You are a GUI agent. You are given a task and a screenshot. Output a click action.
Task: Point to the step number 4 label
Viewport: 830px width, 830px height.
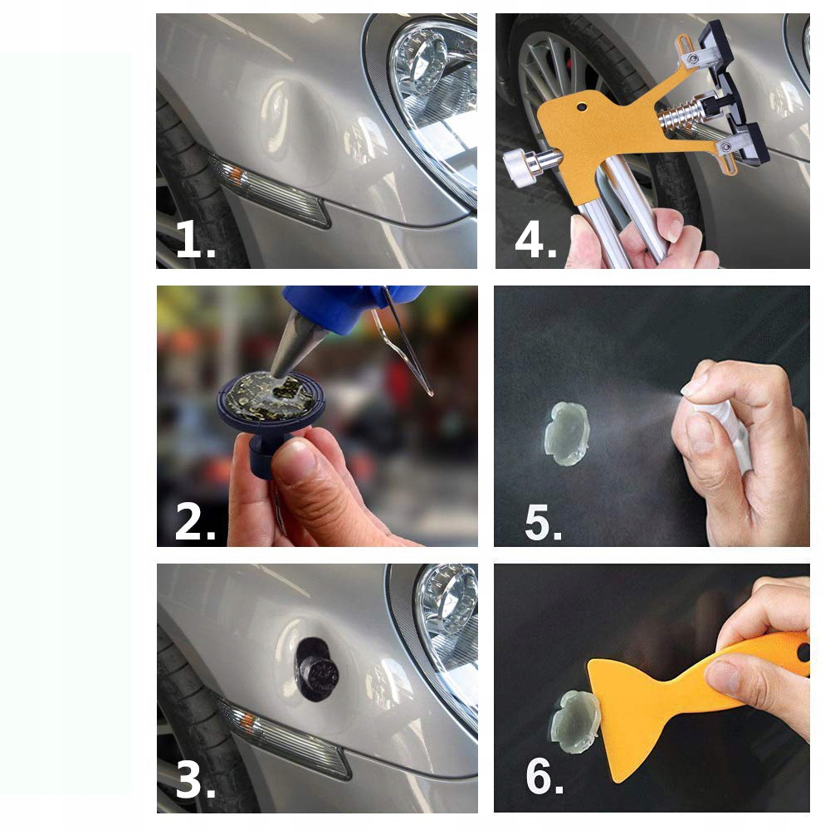coord(535,240)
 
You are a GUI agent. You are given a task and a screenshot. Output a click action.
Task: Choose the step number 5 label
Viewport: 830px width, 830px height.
coord(543,522)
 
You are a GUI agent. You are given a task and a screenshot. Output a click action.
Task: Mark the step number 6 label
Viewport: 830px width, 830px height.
coord(544,776)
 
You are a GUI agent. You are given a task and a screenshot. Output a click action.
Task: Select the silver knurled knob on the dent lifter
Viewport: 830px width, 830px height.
coord(521,168)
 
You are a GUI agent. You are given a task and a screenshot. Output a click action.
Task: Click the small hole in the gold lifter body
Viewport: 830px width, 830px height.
coord(582,107)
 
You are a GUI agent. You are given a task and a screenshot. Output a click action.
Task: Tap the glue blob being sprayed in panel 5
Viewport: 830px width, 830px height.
coord(566,433)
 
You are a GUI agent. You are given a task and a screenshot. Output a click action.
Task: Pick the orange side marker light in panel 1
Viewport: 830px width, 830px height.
coord(237,173)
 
